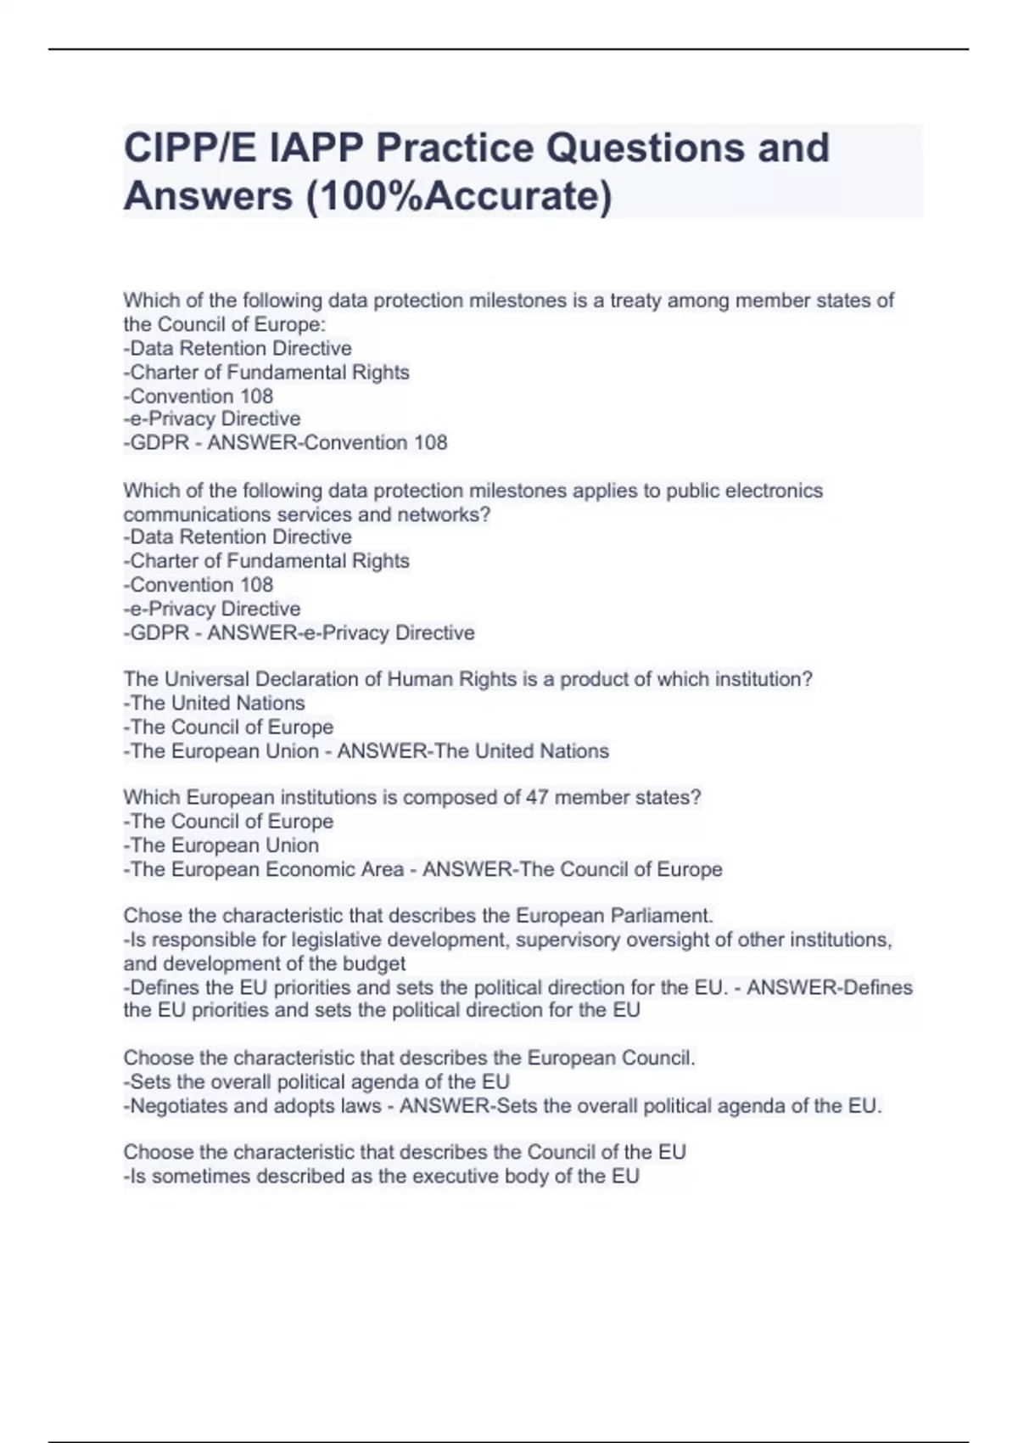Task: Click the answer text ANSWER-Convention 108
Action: [x=327, y=442]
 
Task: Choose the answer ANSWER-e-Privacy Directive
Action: [x=341, y=632]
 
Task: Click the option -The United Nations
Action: [x=214, y=703]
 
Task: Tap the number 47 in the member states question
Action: [x=537, y=798]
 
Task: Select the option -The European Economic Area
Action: [x=263, y=869]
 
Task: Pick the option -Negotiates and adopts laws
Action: [x=252, y=1106]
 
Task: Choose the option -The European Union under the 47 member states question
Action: [x=221, y=845]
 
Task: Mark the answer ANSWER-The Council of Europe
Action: [x=573, y=869]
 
